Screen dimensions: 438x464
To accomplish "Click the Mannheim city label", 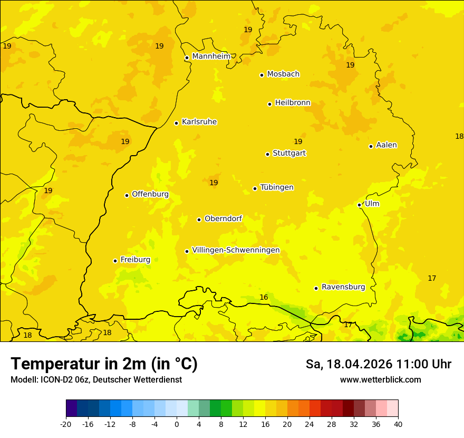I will (x=211, y=56).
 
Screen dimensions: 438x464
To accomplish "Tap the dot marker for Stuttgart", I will (x=267, y=154).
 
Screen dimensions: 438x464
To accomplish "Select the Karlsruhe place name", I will (x=199, y=122).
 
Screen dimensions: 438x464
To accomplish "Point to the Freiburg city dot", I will (x=115, y=261).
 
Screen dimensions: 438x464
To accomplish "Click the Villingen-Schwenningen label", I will (x=236, y=250).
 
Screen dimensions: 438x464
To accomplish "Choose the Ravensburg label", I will (x=343, y=287).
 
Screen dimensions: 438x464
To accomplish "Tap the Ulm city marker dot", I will (x=359, y=205).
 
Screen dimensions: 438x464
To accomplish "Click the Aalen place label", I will (x=386, y=145).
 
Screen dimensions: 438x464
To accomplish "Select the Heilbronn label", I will (x=293, y=103).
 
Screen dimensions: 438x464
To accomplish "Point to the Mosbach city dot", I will (x=262, y=75).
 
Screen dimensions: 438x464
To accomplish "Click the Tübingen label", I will (x=277, y=187).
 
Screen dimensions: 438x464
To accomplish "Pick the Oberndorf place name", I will (x=223, y=218).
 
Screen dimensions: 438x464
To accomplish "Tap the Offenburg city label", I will (x=150, y=194).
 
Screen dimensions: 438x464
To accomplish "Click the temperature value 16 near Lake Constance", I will (x=264, y=298).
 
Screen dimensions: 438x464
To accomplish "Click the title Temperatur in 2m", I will (x=104, y=364).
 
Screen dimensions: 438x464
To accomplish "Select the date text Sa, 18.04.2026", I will (x=348, y=364).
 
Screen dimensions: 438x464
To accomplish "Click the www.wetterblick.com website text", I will (x=380, y=380).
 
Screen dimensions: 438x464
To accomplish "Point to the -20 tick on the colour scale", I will (x=66, y=424).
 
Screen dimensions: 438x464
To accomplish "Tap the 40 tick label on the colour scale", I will (x=398, y=424).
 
